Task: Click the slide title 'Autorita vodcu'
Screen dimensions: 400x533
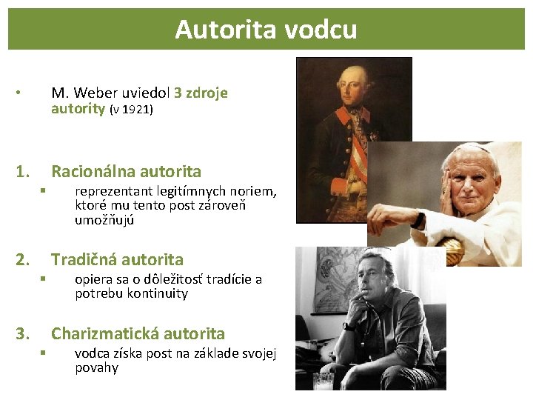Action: (x=266, y=30)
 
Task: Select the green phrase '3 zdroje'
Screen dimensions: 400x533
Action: (x=201, y=93)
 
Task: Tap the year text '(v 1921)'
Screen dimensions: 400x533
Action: (x=131, y=110)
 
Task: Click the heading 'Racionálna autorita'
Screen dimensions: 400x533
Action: (x=126, y=172)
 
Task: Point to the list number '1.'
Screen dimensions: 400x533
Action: (x=23, y=172)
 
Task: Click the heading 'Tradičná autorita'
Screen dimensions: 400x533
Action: (x=117, y=260)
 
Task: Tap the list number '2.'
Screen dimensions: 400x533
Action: (x=23, y=260)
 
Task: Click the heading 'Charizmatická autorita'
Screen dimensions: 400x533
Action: (x=138, y=334)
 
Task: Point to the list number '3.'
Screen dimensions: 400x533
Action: (x=23, y=334)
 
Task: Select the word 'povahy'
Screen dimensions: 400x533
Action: (x=96, y=368)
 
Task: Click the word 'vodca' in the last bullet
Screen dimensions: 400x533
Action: (x=92, y=354)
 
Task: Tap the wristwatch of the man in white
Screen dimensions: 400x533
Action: (x=419, y=220)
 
